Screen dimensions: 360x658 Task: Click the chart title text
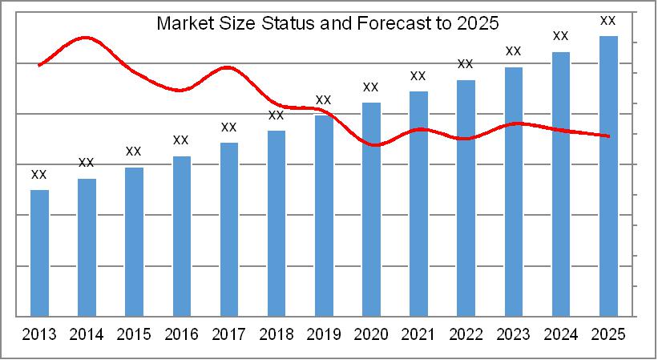[327, 23]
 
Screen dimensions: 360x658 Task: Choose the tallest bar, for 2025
[608, 176]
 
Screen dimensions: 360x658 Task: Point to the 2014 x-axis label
[87, 333]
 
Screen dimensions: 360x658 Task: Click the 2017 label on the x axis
[229, 333]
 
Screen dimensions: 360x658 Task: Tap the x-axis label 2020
[371, 333]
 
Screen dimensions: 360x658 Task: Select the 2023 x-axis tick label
[513, 333]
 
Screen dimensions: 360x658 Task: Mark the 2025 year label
[608, 333]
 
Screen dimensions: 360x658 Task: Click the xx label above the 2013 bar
[38, 174]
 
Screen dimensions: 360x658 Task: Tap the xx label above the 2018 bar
[276, 115]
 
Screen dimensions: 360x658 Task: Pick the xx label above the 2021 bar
[418, 75]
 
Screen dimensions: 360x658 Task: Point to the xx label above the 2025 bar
[608, 20]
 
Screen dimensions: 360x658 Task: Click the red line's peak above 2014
[86, 38]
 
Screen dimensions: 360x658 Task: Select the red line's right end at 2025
[609, 136]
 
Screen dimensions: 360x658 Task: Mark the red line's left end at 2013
[39, 65]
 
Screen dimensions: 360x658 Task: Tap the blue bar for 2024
[561, 184]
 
